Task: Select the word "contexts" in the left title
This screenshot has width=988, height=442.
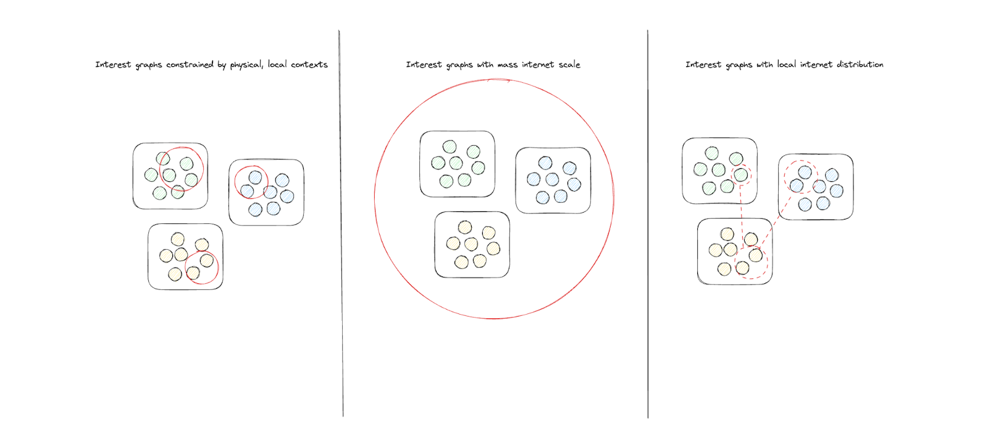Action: coord(309,64)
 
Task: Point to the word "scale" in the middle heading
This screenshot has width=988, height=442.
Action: coord(569,64)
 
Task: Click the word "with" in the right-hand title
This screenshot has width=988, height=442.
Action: coord(764,64)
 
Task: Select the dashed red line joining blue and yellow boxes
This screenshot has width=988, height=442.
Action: coord(776,223)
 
